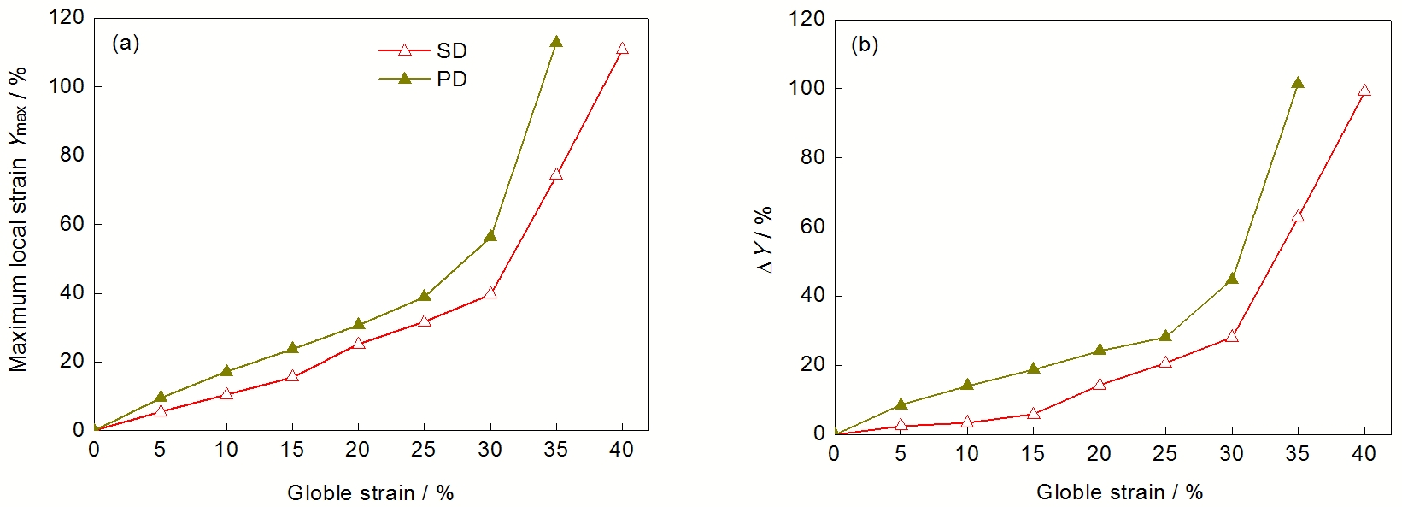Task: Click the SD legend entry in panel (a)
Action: coord(424,50)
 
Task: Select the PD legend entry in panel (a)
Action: coord(424,79)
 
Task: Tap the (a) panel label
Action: coord(126,44)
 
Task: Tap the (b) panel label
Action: coord(865,45)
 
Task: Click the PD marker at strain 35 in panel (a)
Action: coord(556,42)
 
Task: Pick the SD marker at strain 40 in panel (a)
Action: coord(622,49)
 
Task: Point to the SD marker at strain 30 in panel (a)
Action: coord(490,292)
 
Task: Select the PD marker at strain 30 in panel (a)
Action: coord(490,236)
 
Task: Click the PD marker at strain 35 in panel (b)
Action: coord(1298,83)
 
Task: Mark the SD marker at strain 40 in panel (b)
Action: coord(1364,90)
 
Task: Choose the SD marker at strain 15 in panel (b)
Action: coord(1033,414)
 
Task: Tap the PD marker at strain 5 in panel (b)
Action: coord(900,404)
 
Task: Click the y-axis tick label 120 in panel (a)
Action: coord(67,18)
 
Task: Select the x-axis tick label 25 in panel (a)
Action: coord(424,450)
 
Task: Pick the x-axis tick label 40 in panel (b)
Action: coord(1364,453)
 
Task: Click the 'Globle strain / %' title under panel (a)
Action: coord(370,492)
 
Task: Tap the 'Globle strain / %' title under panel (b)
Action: coord(1119,492)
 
